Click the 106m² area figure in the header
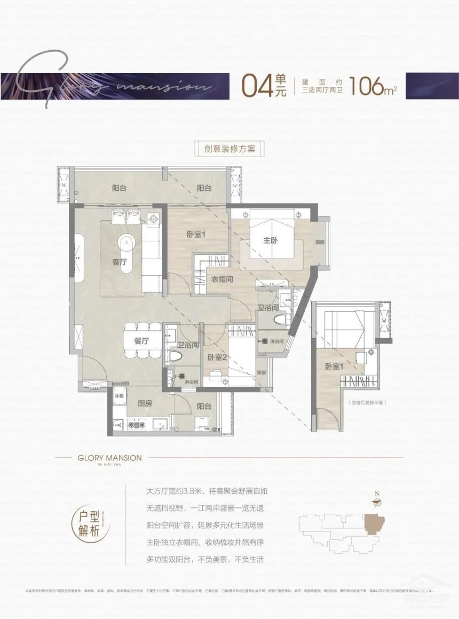[x=373, y=86]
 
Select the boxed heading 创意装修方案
[x=229, y=149]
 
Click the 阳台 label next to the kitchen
[x=203, y=406]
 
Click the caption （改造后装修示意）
[x=367, y=403]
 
